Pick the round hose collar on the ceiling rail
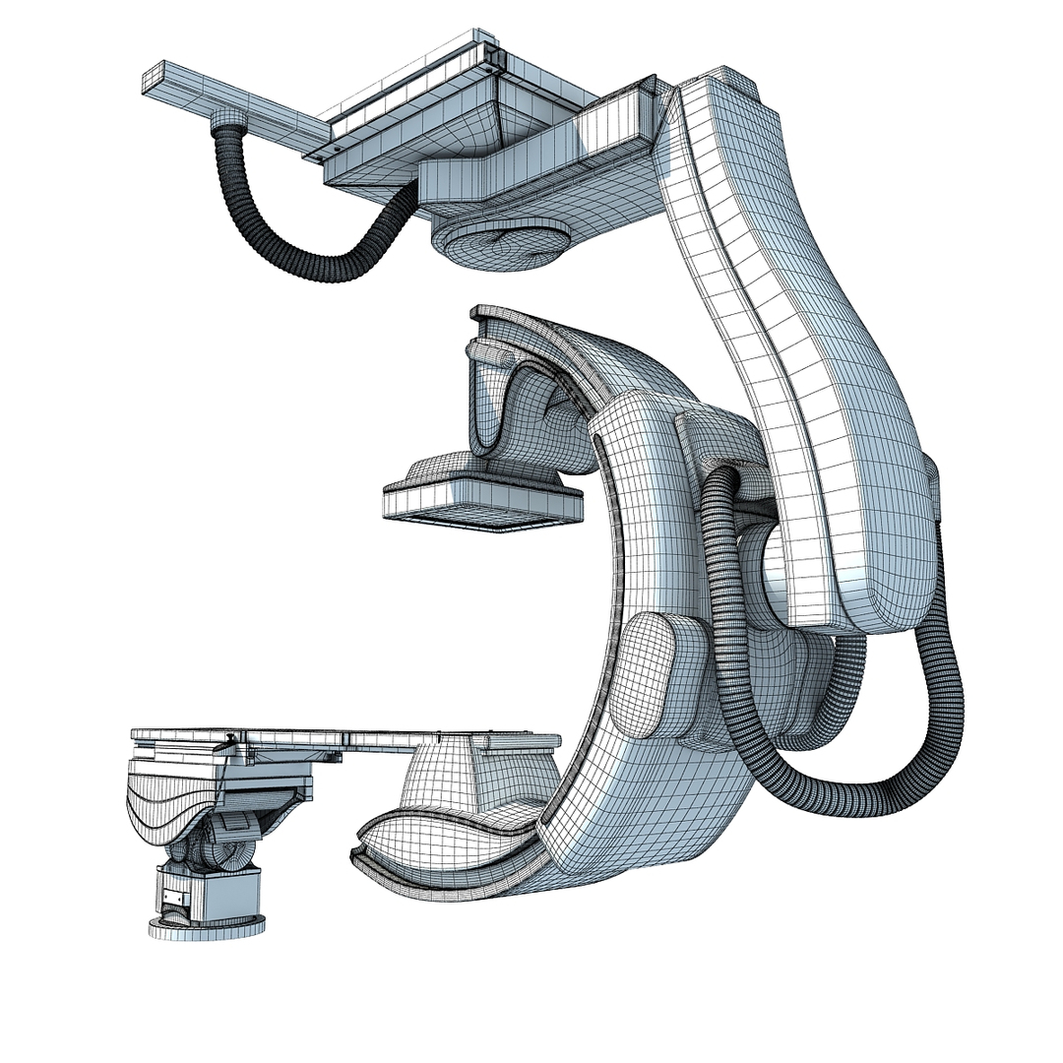[x=232, y=125]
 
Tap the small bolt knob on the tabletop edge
[x=228, y=737]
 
